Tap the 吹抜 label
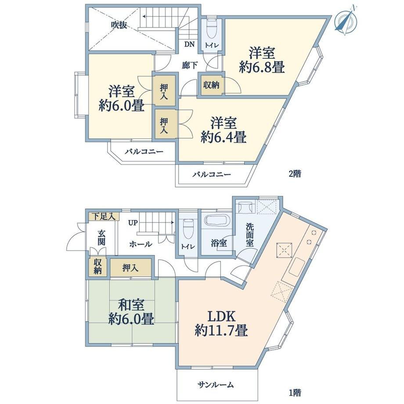pyautogui.click(x=119, y=25)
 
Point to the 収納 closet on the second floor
pyautogui.click(x=212, y=84)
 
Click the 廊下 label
pyautogui.click(x=190, y=65)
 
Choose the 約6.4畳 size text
pyautogui.click(x=224, y=137)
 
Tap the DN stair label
pyautogui.click(x=189, y=44)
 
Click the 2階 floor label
pyautogui.click(x=295, y=173)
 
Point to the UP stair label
pyautogui.click(x=133, y=223)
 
